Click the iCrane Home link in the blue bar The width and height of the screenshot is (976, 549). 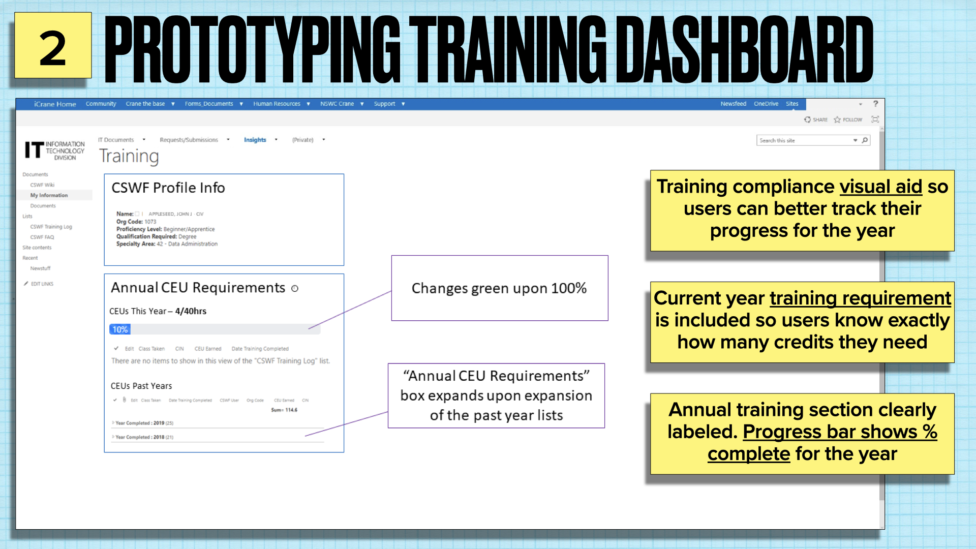click(x=55, y=104)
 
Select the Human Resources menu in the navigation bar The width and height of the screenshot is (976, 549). click(x=277, y=104)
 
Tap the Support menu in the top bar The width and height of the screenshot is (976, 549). click(x=385, y=104)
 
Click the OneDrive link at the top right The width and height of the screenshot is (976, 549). click(x=766, y=104)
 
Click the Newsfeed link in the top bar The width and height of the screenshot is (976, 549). click(x=733, y=104)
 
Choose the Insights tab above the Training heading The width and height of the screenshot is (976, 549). click(x=255, y=140)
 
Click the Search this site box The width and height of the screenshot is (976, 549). click(x=805, y=140)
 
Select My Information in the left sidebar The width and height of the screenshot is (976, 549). click(x=49, y=195)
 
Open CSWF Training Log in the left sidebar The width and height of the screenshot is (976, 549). click(x=51, y=227)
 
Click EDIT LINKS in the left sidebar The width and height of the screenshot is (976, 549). click(x=42, y=284)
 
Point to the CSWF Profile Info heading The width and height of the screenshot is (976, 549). click(x=168, y=188)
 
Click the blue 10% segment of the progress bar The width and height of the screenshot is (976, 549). click(x=120, y=329)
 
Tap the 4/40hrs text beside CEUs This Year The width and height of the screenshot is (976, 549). click(x=191, y=311)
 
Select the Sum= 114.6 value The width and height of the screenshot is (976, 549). click(x=284, y=410)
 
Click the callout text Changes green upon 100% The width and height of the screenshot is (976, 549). click(x=499, y=288)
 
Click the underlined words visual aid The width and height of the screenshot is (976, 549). click(x=880, y=187)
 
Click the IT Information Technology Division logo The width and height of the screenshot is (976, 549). click(x=55, y=150)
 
